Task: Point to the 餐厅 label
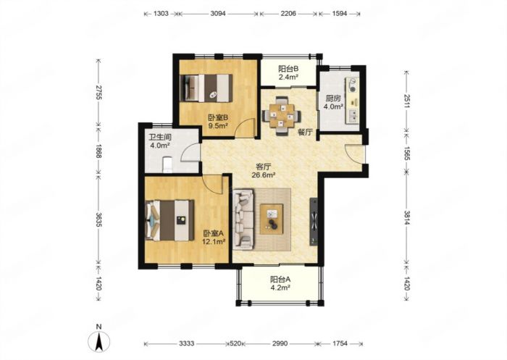point(305,132)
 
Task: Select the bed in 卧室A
point(168,218)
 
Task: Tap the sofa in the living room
point(243,218)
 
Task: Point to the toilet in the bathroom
point(169,162)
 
